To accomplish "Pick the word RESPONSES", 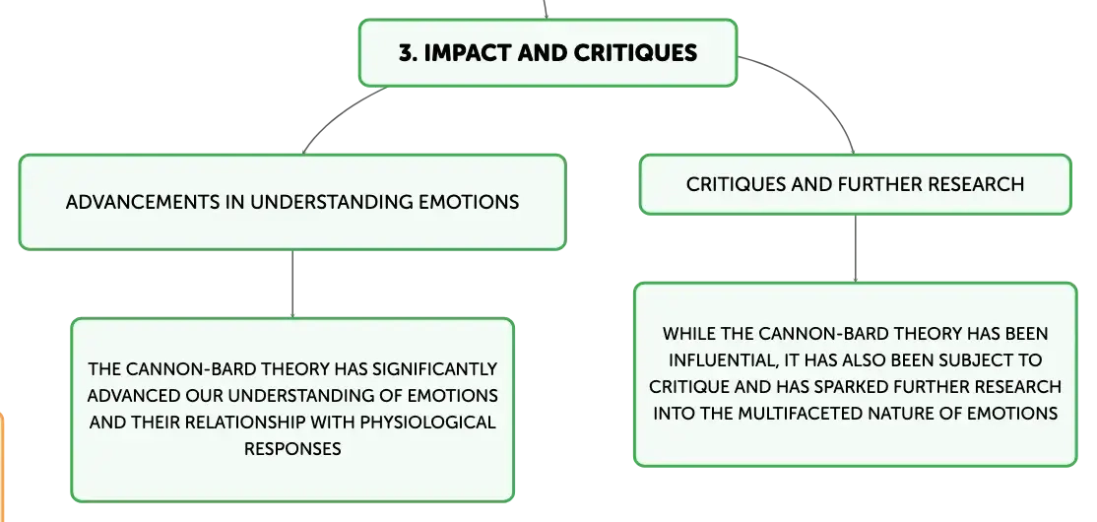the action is pyautogui.click(x=292, y=448).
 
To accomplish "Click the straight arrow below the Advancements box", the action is pyautogui.click(x=292, y=284).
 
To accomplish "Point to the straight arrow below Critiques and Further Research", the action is pyautogui.click(x=855, y=248).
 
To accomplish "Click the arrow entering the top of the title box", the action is pyautogui.click(x=546, y=10).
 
